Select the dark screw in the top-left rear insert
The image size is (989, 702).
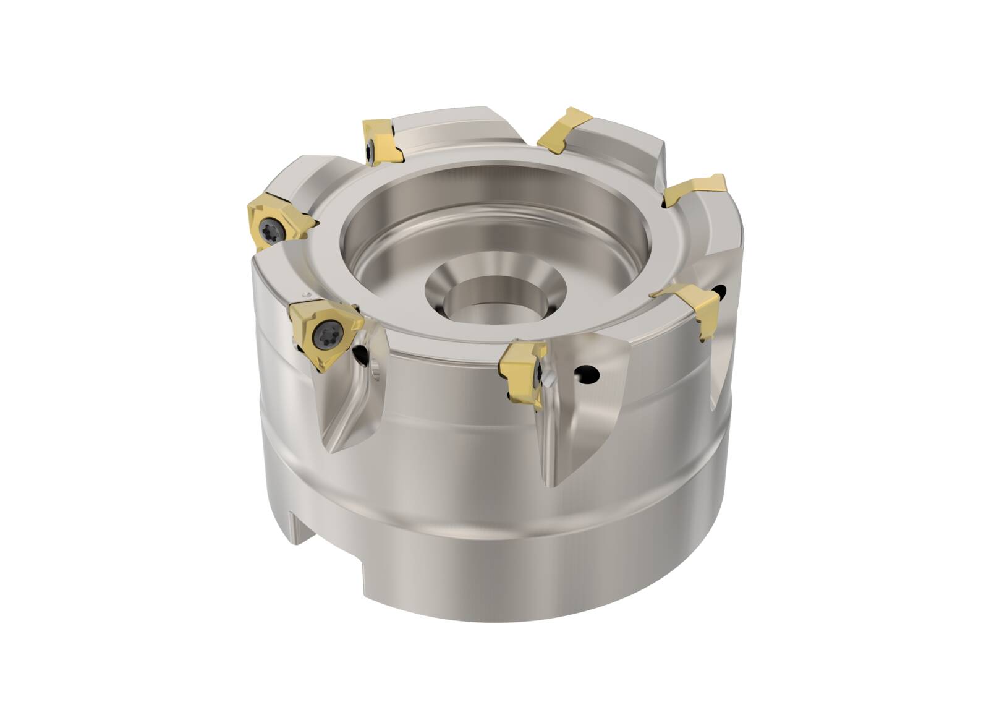click(370, 147)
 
